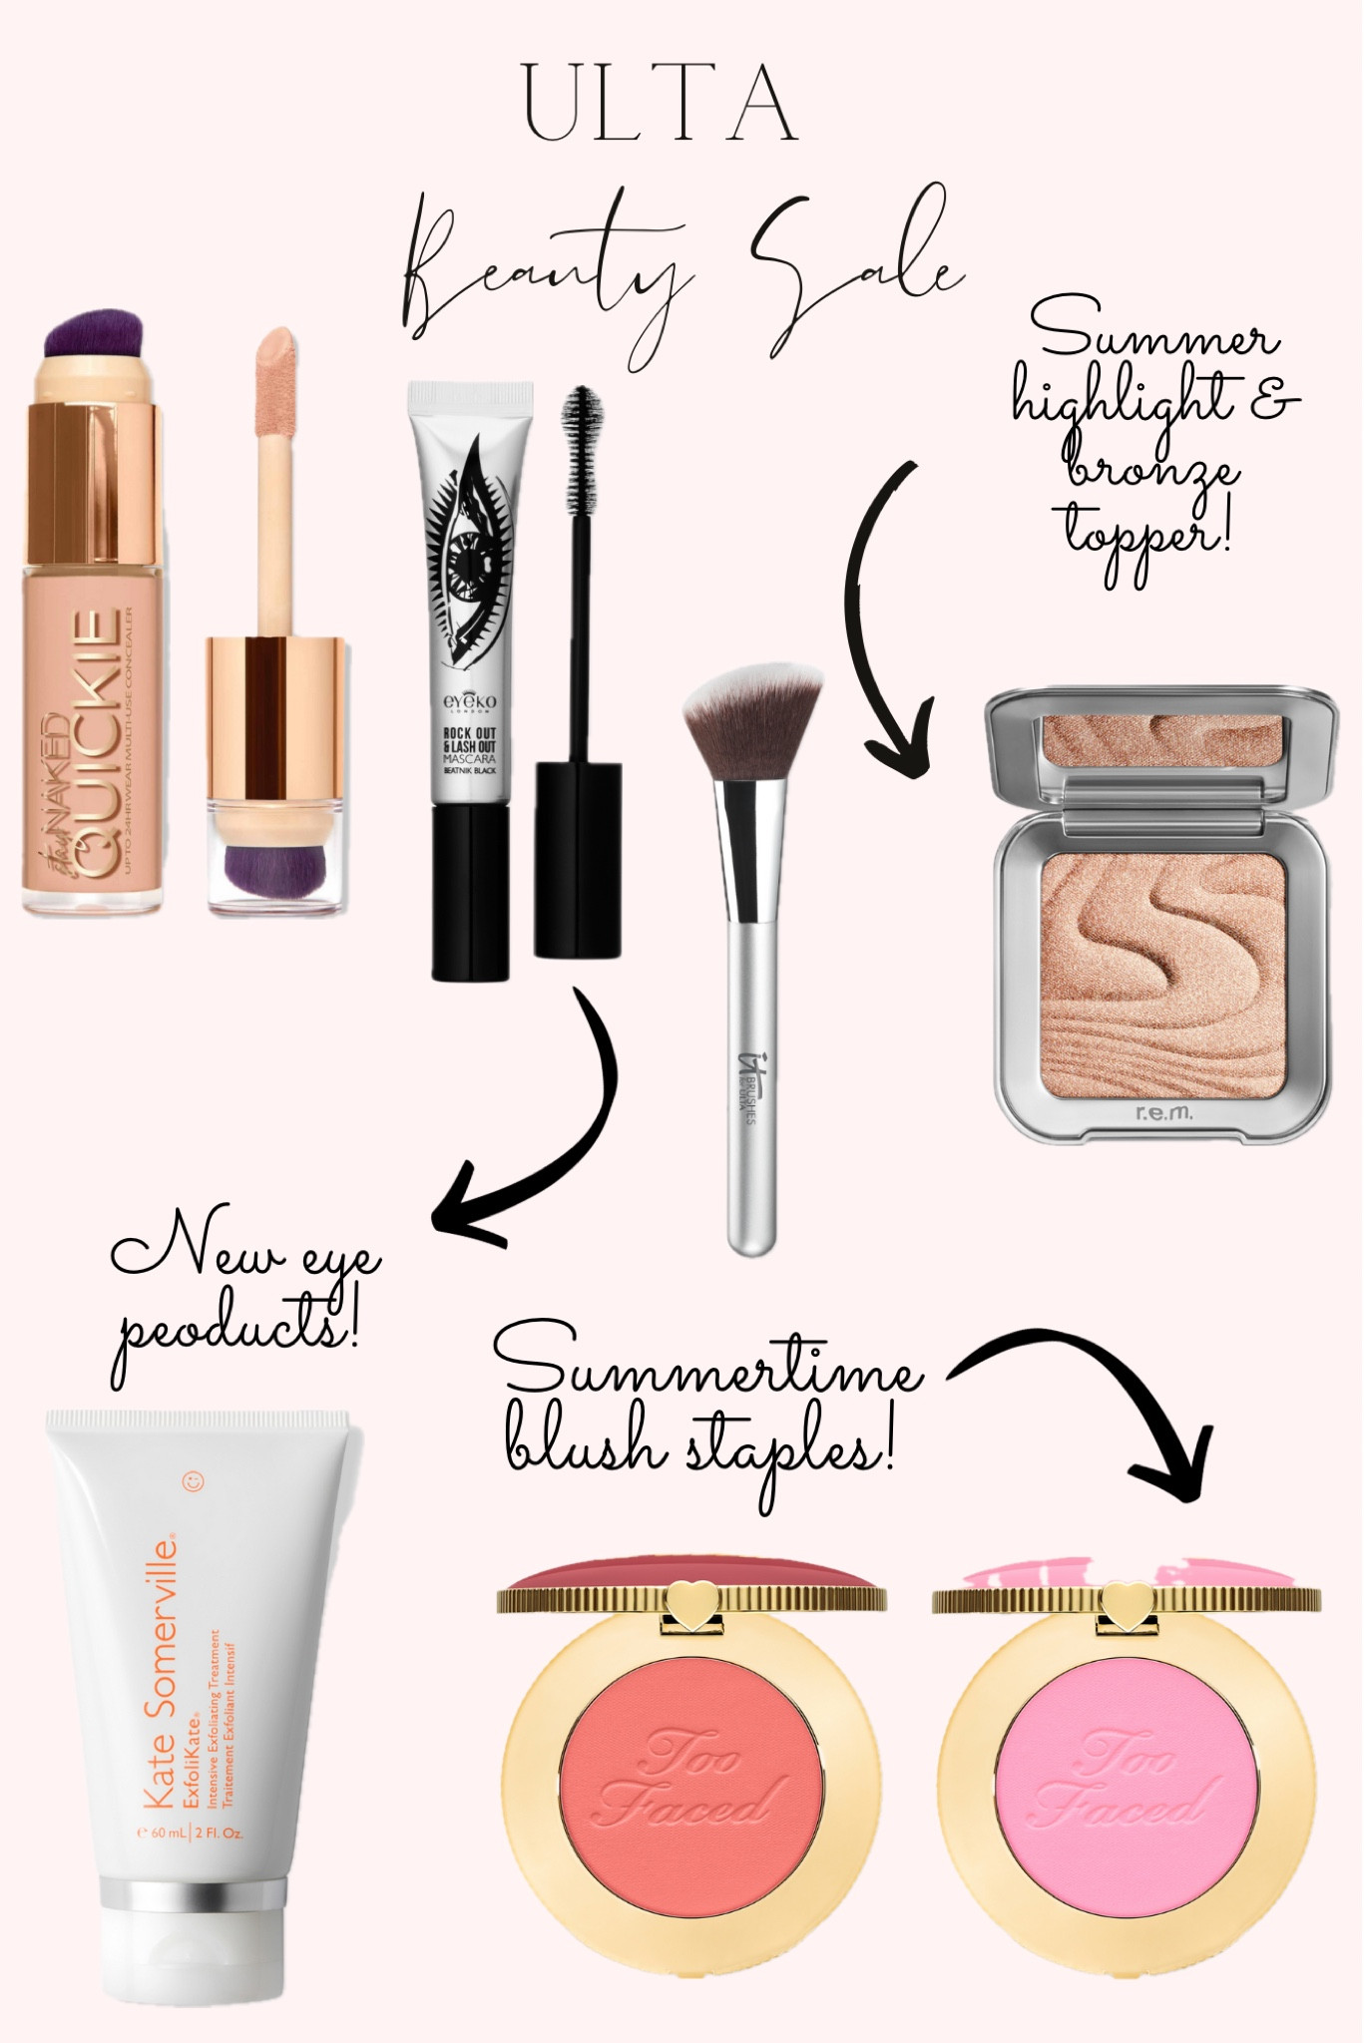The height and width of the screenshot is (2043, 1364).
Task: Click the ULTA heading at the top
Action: click(x=661, y=104)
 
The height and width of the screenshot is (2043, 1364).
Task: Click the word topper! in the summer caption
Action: click(x=1147, y=530)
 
